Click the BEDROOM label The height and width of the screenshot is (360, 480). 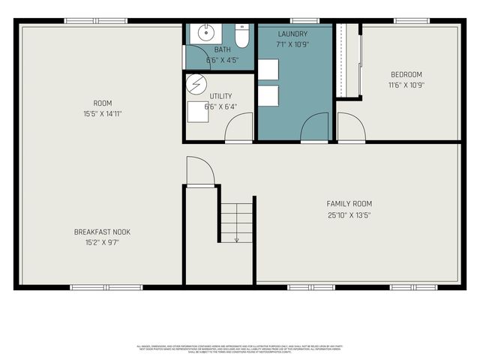point(406,74)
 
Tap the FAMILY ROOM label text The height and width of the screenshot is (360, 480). point(349,203)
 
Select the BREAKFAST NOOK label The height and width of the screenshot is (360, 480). point(97,232)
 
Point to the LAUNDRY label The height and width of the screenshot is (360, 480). point(292,34)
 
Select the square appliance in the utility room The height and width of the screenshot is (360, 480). point(198,111)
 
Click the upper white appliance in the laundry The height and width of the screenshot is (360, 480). point(268,69)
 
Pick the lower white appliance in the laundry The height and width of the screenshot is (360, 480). point(268,96)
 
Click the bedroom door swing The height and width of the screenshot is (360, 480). point(350,127)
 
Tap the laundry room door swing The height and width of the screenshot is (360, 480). point(315,127)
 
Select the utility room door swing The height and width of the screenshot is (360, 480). point(238,127)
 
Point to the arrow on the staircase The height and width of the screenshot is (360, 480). point(236,238)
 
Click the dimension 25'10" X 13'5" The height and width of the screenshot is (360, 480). point(349,215)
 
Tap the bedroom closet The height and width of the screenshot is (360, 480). point(348,60)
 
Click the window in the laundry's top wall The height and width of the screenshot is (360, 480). point(304,20)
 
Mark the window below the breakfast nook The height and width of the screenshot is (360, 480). point(106,287)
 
